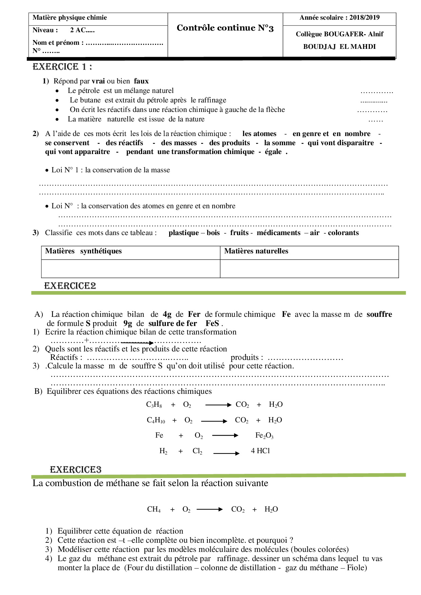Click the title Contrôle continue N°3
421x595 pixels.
click(x=225, y=28)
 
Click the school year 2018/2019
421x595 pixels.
click(x=364, y=18)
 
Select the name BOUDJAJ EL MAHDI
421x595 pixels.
click(x=339, y=47)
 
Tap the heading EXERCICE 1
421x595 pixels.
click(x=62, y=67)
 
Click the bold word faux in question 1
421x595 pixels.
click(x=141, y=81)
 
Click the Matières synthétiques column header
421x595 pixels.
click(x=83, y=251)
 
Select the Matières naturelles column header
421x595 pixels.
click(x=256, y=251)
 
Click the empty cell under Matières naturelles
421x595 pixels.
click(x=309, y=269)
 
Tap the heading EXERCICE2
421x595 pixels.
click(x=70, y=286)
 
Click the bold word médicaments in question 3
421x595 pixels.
click(x=278, y=233)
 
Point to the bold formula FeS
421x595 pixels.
click(x=212, y=323)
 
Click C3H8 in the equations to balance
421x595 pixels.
click(x=154, y=405)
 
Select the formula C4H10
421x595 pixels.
click(x=156, y=420)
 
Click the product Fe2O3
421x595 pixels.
click(x=264, y=436)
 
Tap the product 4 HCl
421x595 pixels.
click(x=260, y=451)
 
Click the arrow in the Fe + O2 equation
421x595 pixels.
click(x=225, y=436)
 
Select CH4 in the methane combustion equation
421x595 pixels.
click(x=154, y=510)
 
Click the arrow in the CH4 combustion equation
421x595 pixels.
click(x=210, y=509)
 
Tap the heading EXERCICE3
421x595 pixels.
click(x=75, y=470)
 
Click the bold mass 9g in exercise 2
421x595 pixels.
click(x=128, y=323)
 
